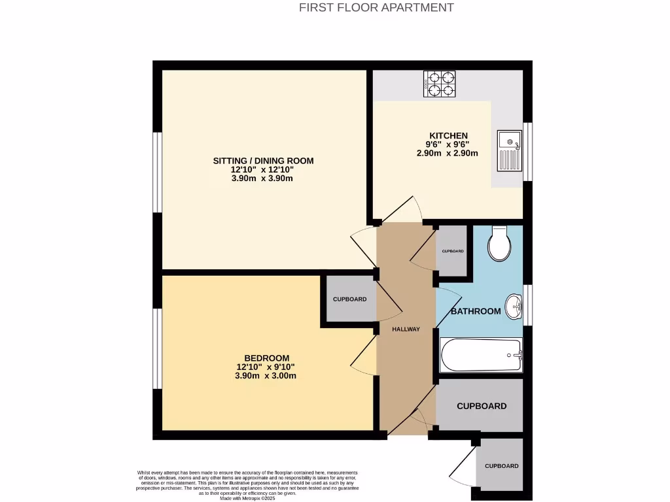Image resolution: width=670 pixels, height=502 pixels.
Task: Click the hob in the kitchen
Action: click(440, 84)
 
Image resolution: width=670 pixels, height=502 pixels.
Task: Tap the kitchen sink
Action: click(509, 150)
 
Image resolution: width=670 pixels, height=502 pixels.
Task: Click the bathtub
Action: click(482, 355)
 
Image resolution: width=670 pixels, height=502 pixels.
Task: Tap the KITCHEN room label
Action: click(448, 135)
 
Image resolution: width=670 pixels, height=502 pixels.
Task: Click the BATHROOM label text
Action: click(476, 311)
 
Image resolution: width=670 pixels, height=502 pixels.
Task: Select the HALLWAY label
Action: click(406, 329)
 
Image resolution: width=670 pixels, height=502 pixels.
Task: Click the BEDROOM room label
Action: click(266, 358)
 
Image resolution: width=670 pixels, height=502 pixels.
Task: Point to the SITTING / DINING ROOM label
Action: click(264, 161)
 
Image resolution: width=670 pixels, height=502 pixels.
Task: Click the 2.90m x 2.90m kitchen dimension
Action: click(448, 154)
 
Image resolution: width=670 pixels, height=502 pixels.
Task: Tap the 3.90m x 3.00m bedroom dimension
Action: click(266, 376)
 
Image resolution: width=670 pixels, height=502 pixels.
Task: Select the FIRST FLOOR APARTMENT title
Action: click(376, 8)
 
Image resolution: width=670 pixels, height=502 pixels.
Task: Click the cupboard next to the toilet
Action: click(452, 251)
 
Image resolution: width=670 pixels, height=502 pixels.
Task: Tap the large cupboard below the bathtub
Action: click(481, 405)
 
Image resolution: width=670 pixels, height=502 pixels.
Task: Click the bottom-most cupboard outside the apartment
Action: click(501, 466)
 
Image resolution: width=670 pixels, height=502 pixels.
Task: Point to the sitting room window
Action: click(157, 173)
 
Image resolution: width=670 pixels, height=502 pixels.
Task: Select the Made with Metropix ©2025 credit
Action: click(247, 498)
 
